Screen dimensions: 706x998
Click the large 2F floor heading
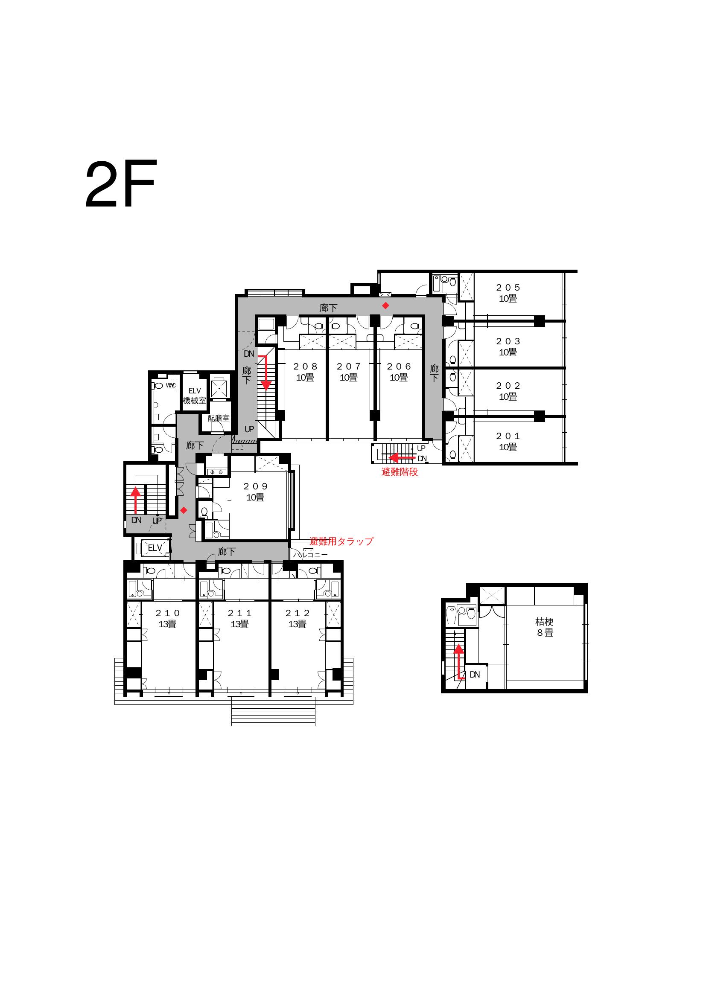click(120, 185)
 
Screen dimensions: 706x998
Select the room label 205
click(508, 288)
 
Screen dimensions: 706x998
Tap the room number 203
click(508, 342)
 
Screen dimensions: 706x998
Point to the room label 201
click(508, 436)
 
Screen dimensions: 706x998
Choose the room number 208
click(305, 367)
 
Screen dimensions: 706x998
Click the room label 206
click(399, 367)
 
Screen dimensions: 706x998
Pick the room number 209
click(256, 486)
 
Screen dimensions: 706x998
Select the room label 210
click(167, 613)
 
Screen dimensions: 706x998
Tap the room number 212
click(298, 613)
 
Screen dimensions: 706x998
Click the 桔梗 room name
click(544, 622)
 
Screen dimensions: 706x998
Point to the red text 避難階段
click(400, 472)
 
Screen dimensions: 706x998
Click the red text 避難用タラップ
click(342, 541)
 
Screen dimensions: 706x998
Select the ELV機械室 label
click(194, 396)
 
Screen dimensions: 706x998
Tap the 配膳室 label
click(218, 418)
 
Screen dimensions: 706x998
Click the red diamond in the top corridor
click(385, 306)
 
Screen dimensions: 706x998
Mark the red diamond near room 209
click(184, 510)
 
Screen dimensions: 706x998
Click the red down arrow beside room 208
click(265, 372)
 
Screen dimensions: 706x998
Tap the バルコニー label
click(310, 555)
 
